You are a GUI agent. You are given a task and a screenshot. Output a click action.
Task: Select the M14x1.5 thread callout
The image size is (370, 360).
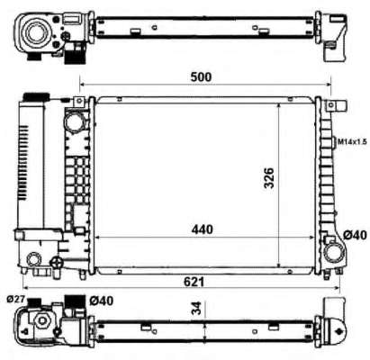coord(350,141)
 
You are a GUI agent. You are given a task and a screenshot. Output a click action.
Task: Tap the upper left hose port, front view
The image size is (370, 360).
coord(76,119)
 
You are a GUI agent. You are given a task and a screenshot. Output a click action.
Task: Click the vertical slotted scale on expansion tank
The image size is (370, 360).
coord(77,180)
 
